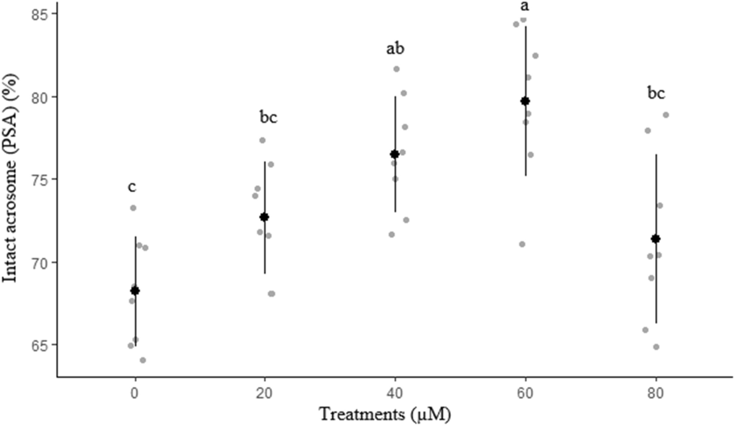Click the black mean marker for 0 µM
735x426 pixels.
pyautogui.click(x=135, y=290)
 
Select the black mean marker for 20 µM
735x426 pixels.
pyautogui.click(x=264, y=217)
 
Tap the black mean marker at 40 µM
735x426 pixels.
pyautogui.click(x=394, y=154)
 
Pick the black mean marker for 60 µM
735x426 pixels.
pyautogui.click(x=525, y=101)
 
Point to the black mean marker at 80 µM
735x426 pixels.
pyautogui.click(x=655, y=238)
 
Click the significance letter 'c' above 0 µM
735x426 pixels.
pyautogui.click(x=132, y=187)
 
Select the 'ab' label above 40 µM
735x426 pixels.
pyautogui.click(x=395, y=48)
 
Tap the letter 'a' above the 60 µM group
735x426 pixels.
pyautogui.click(x=525, y=6)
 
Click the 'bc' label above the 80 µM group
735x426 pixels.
pyautogui.click(x=656, y=94)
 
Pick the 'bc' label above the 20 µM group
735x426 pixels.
pyautogui.click(x=268, y=118)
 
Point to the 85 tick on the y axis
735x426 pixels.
pyautogui.click(x=43, y=14)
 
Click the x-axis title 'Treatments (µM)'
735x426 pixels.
pyautogui.click(x=384, y=414)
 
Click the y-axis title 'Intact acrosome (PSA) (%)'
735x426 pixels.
pyautogui.click(x=10, y=178)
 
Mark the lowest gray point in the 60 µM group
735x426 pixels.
pyautogui.click(x=522, y=244)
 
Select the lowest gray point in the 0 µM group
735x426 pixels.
pyautogui.click(x=143, y=360)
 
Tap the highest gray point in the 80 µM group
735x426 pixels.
pyautogui.click(x=665, y=115)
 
